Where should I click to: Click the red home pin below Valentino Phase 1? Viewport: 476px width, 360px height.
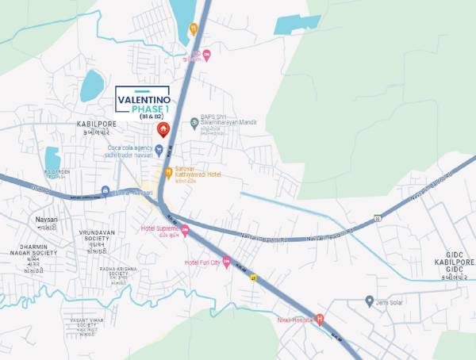click(163, 129)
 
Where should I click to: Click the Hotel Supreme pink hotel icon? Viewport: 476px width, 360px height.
click(186, 232)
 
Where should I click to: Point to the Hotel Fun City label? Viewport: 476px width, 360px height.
click(202, 262)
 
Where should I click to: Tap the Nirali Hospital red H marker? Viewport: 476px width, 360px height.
click(320, 320)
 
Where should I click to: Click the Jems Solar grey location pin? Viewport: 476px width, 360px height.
click(369, 301)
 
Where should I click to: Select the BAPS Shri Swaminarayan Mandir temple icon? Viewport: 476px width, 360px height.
click(194, 122)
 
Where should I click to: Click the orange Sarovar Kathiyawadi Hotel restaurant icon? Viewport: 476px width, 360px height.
click(168, 172)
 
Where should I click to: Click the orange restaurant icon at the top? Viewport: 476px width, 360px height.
click(193, 30)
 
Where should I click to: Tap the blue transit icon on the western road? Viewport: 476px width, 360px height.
click(106, 190)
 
